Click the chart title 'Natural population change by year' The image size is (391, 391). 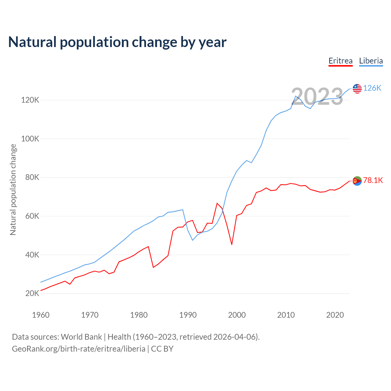pyautogui.click(x=117, y=42)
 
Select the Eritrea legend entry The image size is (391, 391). pyautogui.click(x=340, y=61)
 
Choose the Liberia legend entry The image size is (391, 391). pyautogui.click(x=371, y=61)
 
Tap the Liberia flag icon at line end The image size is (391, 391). pyautogui.click(x=357, y=89)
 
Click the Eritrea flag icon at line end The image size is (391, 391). pyautogui.click(x=357, y=181)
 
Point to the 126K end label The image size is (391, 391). pyautogui.click(x=372, y=88)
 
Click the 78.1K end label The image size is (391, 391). pyautogui.click(x=373, y=181)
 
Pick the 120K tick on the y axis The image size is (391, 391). pyautogui.click(x=30, y=100)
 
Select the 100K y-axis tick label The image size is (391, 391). pyautogui.click(x=30, y=139)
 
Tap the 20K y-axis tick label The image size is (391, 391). pyautogui.click(x=32, y=294)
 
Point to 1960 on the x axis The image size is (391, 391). pyautogui.click(x=41, y=315)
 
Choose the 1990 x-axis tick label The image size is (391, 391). pyautogui.click(x=188, y=315)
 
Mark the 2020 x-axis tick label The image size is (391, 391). pyautogui.click(x=335, y=315)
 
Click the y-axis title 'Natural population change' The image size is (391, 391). pyautogui.click(x=13, y=190)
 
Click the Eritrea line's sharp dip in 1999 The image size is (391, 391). pyautogui.click(x=232, y=244)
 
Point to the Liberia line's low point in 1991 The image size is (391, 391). pyautogui.click(x=192, y=240)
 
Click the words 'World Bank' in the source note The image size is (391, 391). pyautogui.click(x=81, y=337)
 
